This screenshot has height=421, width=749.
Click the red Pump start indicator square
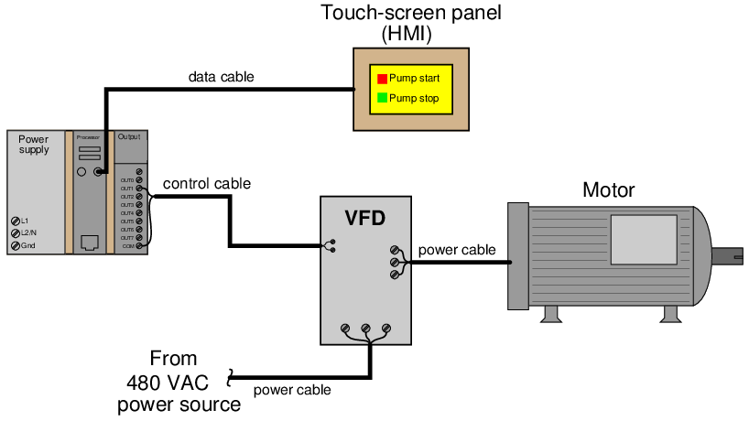coord(383,79)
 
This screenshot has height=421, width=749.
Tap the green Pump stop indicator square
coord(383,98)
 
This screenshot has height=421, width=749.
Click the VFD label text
coord(364,219)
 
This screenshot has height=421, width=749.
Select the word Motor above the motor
coord(608,190)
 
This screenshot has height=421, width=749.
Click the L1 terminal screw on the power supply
coord(16,221)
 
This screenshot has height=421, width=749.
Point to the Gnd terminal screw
coord(16,245)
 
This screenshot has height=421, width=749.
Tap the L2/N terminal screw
coord(16,233)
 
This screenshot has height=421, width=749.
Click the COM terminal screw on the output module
coord(138,247)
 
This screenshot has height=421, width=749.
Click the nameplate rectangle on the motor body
coord(644,240)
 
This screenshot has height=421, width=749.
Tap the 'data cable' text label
coord(221,77)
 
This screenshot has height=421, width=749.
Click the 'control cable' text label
coord(206,184)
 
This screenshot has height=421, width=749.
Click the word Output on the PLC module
coord(129,136)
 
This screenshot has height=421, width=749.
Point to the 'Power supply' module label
coord(34,145)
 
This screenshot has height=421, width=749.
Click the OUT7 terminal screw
coord(138,238)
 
